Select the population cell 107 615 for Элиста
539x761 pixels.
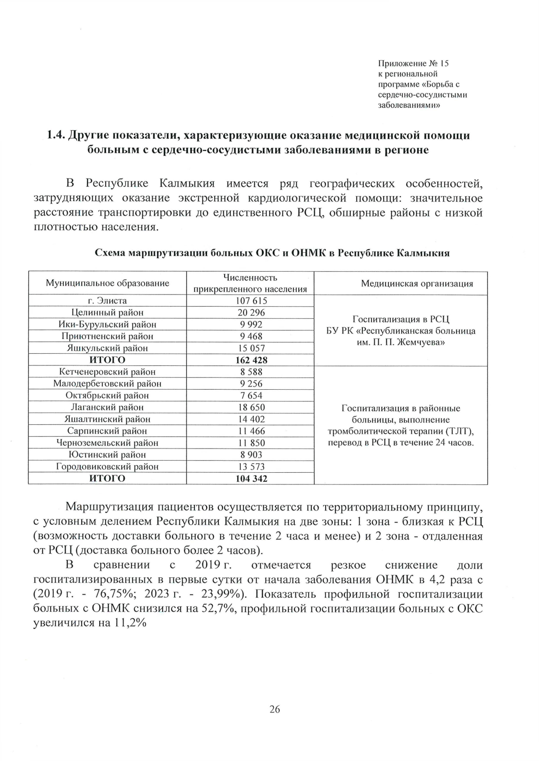(251, 301)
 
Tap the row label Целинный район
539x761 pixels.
(107, 312)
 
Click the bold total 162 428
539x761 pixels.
(251, 360)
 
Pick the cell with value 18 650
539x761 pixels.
(251, 407)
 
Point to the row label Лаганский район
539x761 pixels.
(107, 407)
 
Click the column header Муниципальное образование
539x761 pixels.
(107, 283)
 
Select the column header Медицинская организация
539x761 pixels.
(417, 283)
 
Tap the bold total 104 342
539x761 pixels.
(251, 479)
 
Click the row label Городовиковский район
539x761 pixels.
(107, 466)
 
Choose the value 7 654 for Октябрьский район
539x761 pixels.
(251, 396)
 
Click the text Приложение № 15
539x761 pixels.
(413, 63)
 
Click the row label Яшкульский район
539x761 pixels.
(107, 348)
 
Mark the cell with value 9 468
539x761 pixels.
(251, 336)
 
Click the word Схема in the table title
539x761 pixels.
(110, 253)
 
